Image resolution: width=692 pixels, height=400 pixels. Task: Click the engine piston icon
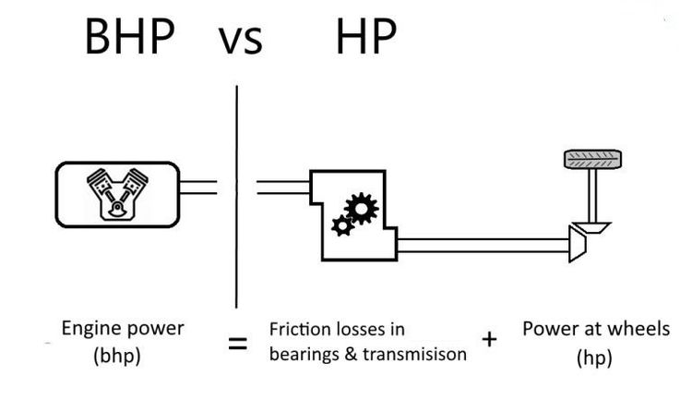pyautogui.click(x=117, y=194)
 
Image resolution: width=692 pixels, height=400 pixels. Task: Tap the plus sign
pyautogui.click(x=489, y=339)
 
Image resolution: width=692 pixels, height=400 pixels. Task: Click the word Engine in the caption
pyautogui.click(x=89, y=329)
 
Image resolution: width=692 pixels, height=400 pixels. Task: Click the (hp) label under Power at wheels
pyautogui.click(x=593, y=356)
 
